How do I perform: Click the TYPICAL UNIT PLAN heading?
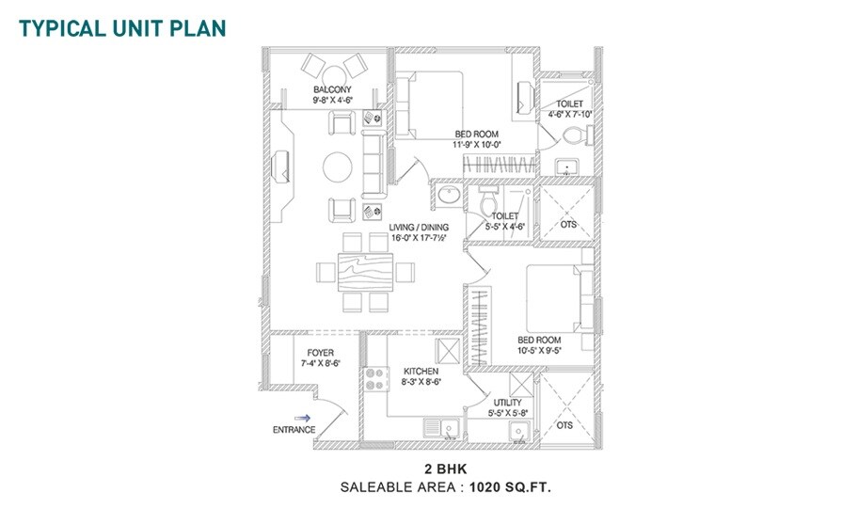click(122, 26)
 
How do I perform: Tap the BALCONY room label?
click(333, 90)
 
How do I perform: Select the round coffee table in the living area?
click(338, 168)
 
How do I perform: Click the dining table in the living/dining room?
click(364, 273)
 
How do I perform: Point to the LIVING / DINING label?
click(419, 228)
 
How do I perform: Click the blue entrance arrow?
click(302, 418)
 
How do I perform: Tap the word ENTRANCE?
click(294, 431)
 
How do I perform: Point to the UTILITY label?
click(507, 403)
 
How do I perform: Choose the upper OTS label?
click(568, 225)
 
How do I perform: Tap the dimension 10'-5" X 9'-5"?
click(539, 351)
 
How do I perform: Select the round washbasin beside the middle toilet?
click(448, 198)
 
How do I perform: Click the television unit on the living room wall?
click(283, 166)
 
